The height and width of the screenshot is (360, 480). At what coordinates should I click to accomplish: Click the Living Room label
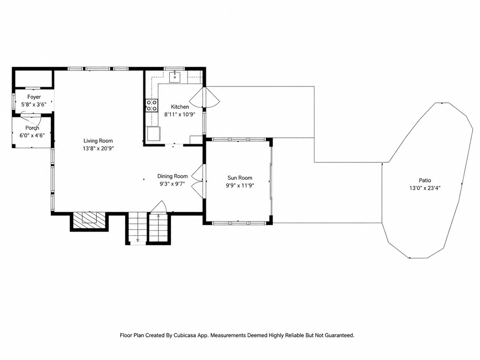click(98, 141)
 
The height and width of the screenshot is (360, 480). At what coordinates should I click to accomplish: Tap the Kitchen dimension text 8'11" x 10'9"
click(180, 114)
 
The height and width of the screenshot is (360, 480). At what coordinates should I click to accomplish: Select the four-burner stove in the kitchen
click(152, 105)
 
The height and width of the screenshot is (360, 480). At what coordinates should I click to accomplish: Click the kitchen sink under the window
click(175, 77)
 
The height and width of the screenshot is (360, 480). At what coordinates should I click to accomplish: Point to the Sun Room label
click(240, 178)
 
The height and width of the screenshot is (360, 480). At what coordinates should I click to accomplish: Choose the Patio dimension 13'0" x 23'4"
click(425, 188)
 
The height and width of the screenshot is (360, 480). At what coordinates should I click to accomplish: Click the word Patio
click(425, 180)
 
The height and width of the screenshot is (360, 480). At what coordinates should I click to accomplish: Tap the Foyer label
click(34, 97)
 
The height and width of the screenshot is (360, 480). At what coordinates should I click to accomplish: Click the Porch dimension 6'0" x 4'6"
click(32, 136)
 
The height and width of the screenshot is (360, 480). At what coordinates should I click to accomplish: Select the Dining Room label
click(173, 176)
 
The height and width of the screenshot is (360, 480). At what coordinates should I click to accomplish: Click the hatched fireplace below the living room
click(89, 220)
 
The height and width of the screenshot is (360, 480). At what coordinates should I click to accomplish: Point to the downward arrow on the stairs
click(138, 239)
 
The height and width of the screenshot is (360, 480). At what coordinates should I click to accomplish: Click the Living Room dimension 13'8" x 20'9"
click(98, 148)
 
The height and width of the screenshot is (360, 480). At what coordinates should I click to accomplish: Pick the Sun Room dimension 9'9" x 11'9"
click(240, 186)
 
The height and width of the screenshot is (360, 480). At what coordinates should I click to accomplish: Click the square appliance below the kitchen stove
click(154, 134)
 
